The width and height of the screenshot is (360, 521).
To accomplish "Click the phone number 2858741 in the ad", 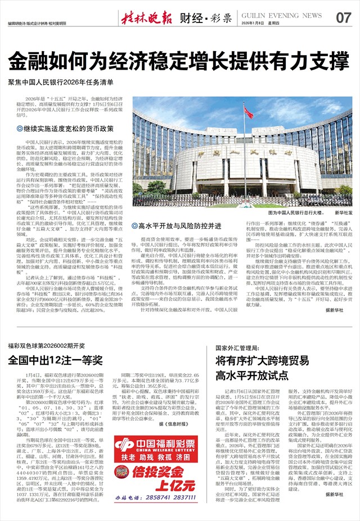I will point(162,499).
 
